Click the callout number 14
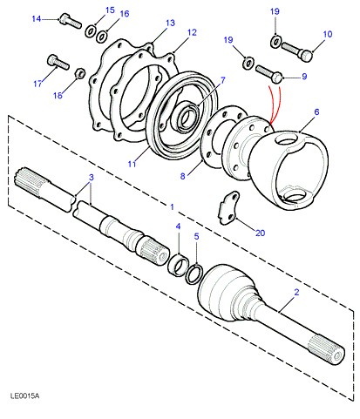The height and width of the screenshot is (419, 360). click(37, 19)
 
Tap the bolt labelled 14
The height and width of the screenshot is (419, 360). click(70, 21)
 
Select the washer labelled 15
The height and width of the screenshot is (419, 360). click(91, 31)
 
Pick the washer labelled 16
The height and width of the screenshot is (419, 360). click(102, 37)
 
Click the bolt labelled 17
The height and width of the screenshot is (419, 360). click(58, 62)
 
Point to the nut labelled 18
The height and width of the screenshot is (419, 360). click(80, 72)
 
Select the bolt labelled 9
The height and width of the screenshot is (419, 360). click(269, 74)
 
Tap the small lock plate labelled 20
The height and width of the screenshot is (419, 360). click(228, 208)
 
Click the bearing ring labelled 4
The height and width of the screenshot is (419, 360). click(178, 264)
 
